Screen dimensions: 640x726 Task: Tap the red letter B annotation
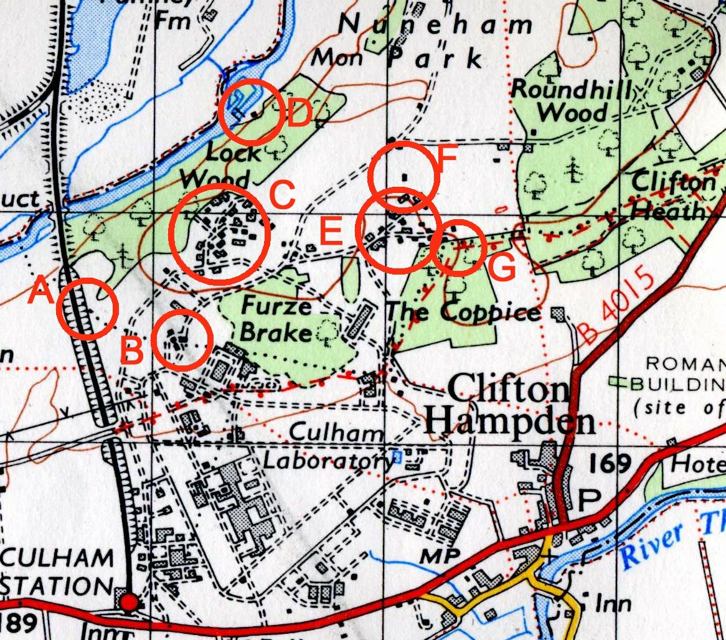[x=132, y=352]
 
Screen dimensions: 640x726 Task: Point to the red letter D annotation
[x=299, y=115]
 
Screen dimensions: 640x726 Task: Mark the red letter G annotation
[x=502, y=269]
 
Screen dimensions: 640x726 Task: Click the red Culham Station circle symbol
[x=129, y=603]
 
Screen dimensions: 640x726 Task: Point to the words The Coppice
[x=463, y=311]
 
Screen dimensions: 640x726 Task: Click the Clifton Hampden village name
[x=509, y=406]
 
